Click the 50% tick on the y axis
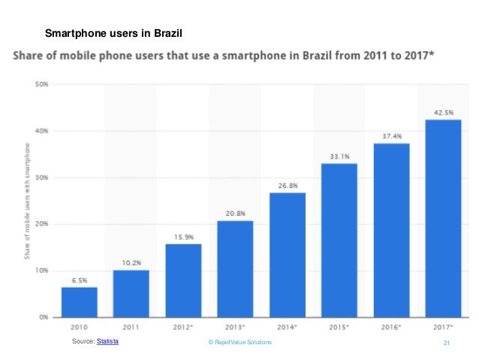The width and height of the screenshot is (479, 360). pyautogui.click(x=41, y=84)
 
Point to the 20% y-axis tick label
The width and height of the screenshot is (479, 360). pyautogui.click(x=41, y=224)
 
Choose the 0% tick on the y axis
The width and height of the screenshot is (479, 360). pyautogui.click(x=43, y=317)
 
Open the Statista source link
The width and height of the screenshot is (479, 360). pyautogui.click(x=108, y=342)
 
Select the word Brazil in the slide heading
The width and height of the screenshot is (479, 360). pyautogui.click(x=166, y=34)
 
